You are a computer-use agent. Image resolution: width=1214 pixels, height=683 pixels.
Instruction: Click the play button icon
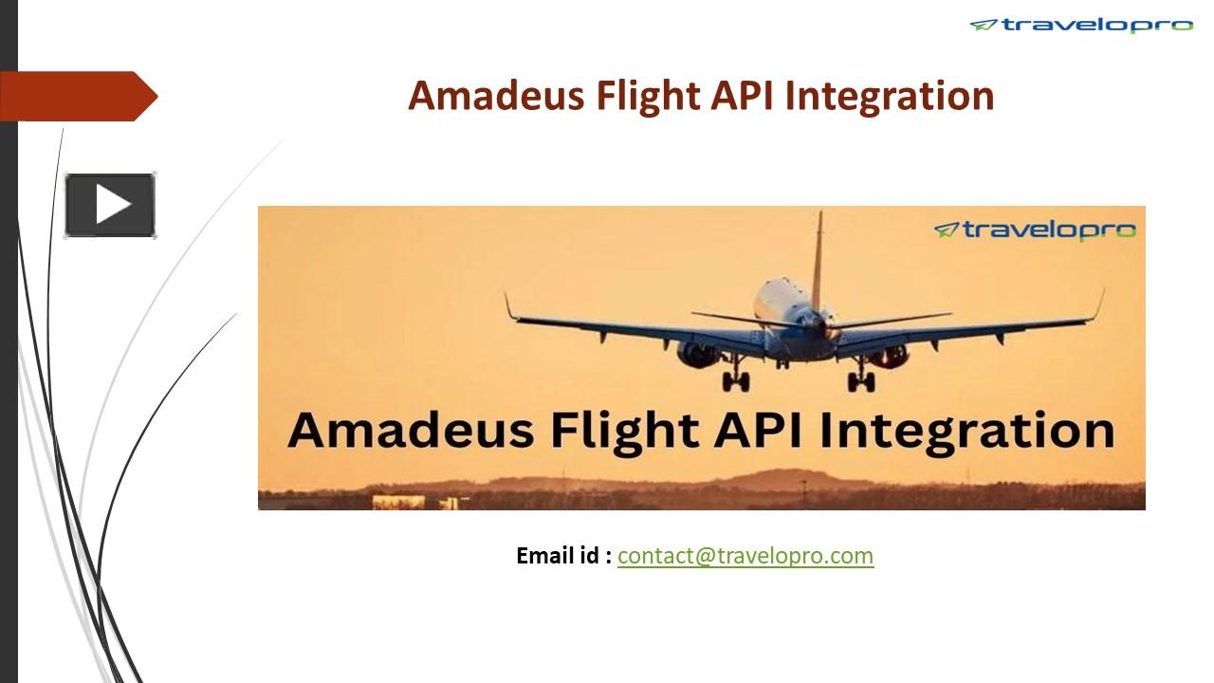click(110, 205)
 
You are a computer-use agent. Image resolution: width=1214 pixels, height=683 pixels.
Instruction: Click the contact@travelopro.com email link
click(745, 556)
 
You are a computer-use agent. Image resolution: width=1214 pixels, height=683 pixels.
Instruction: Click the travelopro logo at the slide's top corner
click(1081, 26)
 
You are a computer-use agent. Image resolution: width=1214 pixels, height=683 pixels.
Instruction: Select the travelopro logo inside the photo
click(1035, 231)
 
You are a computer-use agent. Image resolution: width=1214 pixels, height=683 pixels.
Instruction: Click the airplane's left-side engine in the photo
click(698, 355)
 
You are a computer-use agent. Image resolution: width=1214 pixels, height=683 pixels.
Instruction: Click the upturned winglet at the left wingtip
click(509, 306)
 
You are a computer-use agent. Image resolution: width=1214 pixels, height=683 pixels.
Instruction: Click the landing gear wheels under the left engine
click(735, 380)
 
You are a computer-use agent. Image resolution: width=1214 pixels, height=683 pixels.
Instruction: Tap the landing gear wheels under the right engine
click(860, 381)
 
